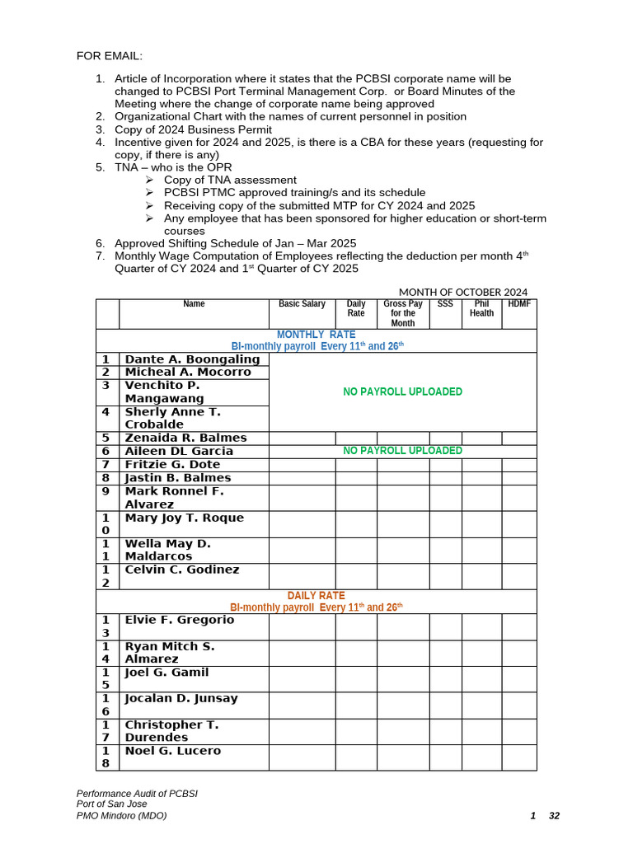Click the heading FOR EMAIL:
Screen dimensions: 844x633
pos(110,55)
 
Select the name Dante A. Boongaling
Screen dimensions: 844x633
pos(192,359)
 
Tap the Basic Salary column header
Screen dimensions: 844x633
pos(302,304)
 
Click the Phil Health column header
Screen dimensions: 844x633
pos(481,308)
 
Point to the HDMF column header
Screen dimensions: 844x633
pos(519,304)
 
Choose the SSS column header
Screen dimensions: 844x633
pos(445,304)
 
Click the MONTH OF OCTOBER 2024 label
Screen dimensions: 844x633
pos(463,292)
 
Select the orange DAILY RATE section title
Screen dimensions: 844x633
pos(316,595)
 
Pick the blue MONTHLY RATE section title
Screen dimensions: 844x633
pos(316,334)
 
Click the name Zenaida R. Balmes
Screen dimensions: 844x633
pos(185,438)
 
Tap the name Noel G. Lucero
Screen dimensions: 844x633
pos(172,751)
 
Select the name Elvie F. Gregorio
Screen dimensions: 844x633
pos(179,620)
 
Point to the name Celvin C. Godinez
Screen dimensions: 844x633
pos(181,570)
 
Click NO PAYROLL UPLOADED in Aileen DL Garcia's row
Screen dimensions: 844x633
pos(402,451)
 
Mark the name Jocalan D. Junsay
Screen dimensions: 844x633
pos(181,698)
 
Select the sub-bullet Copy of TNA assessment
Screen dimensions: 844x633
pos(230,180)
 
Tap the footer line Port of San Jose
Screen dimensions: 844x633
pos(111,804)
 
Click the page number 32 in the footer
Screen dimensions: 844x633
pos(554,816)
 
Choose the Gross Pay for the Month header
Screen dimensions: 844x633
pos(403,313)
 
